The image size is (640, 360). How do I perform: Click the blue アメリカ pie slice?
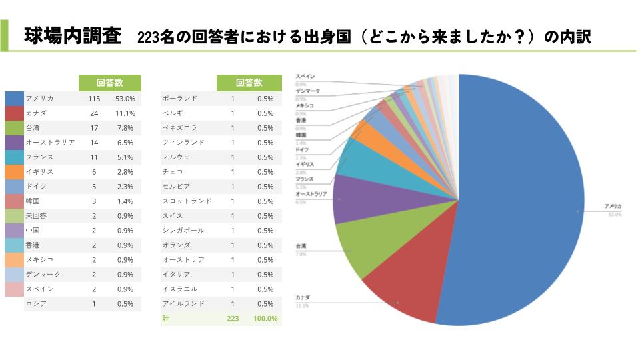520,200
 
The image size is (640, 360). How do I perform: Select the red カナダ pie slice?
400,293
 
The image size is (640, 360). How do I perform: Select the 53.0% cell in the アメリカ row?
125,99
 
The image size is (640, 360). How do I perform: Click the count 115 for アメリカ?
94,99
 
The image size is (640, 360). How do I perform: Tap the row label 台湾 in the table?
33,128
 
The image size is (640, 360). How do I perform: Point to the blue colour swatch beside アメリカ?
14,99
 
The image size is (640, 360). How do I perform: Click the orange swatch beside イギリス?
14,172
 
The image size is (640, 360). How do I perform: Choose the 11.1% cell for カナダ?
125,113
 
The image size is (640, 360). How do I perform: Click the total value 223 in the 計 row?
233,319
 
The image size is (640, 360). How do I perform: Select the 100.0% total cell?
265,319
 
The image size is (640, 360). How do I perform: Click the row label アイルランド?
183,304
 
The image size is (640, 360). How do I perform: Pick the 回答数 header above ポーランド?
249,83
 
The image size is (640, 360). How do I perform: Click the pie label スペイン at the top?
305,77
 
